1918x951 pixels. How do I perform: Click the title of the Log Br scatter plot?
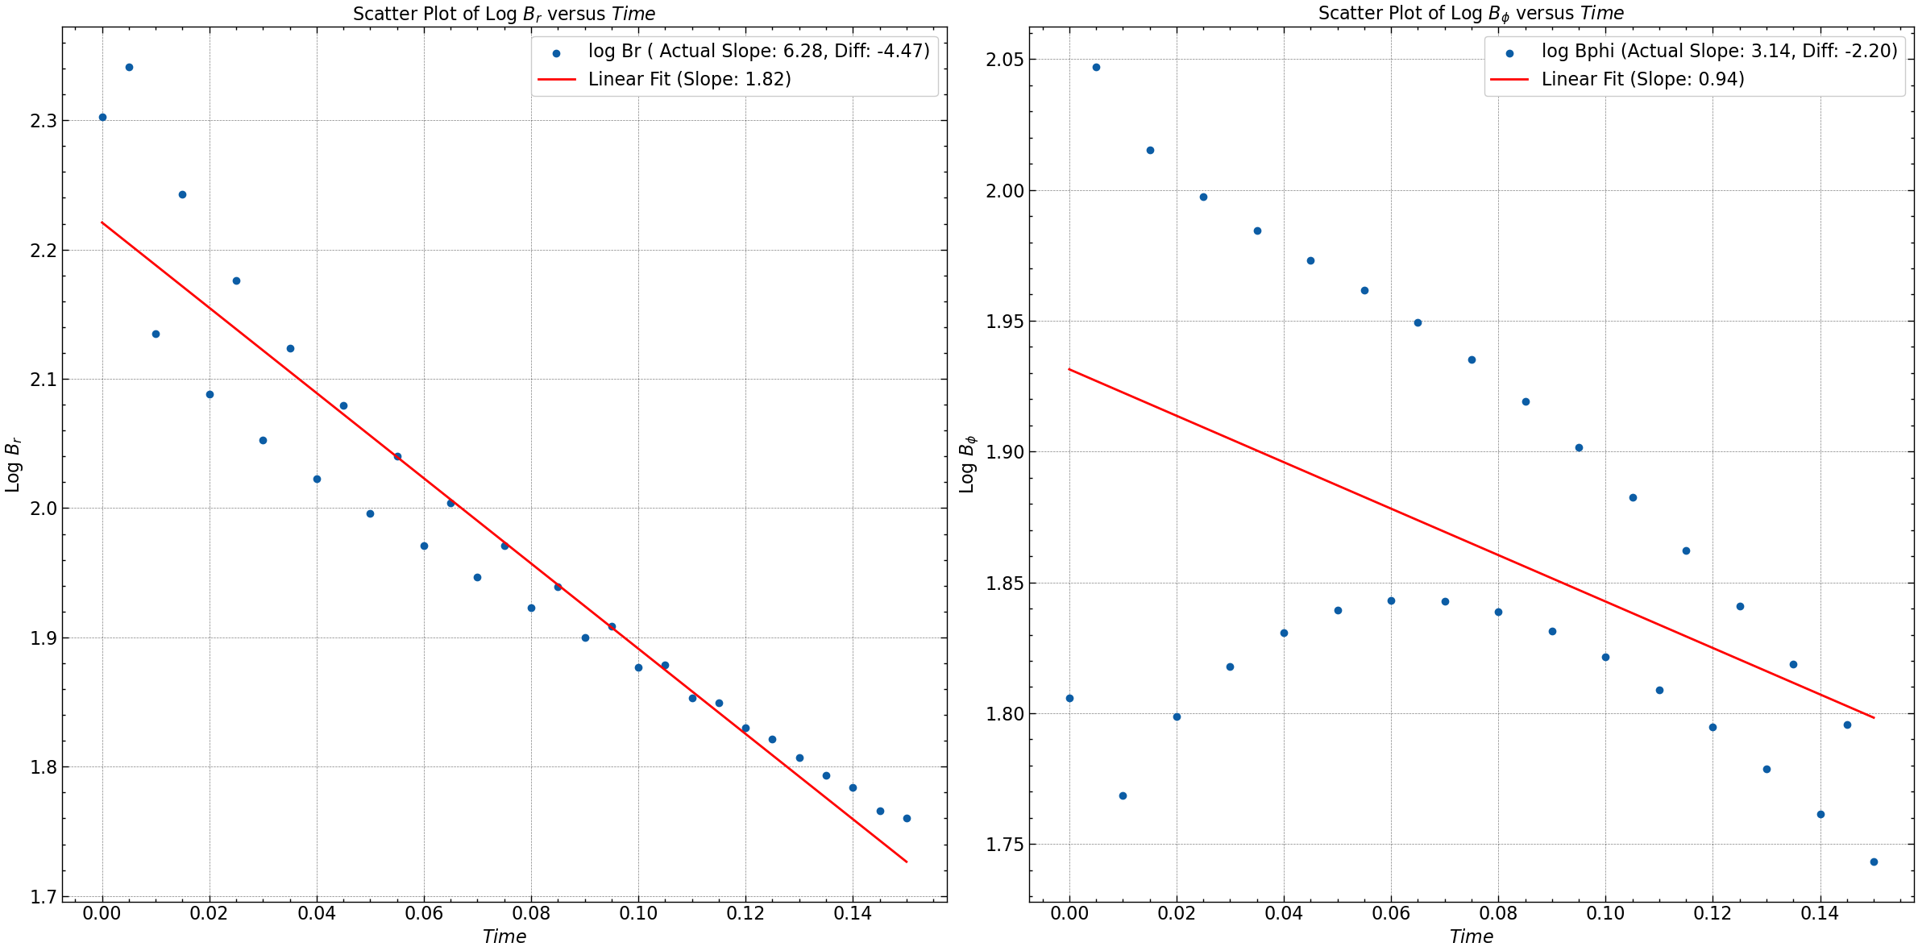coord(504,14)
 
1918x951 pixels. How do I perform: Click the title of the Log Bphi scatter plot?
coord(1471,14)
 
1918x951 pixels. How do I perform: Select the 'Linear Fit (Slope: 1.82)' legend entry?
coord(689,79)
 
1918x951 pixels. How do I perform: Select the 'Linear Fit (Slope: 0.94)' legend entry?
coord(1642,79)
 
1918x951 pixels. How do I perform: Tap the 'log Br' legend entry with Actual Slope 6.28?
coord(758,52)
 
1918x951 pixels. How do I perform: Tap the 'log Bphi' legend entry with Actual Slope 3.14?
coord(1719,52)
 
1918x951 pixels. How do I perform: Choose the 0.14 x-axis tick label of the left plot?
coord(853,913)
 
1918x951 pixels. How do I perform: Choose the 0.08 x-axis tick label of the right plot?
coord(1498,913)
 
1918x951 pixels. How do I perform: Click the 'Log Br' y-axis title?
coord(13,465)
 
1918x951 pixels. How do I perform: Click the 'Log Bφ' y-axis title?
coord(968,465)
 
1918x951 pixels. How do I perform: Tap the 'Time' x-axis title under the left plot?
coord(504,936)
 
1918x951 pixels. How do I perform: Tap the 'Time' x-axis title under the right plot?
coord(1471,936)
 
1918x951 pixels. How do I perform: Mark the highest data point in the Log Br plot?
coord(129,67)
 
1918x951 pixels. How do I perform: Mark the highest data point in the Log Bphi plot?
coord(1096,67)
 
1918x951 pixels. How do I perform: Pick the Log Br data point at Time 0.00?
coord(102,117)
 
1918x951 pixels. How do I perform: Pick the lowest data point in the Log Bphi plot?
coord(1874,862)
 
